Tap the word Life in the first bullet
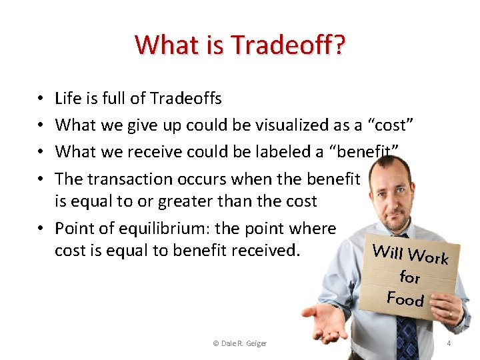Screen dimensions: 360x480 tap(67, 99)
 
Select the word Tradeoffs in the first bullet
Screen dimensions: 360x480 tap(185, 99)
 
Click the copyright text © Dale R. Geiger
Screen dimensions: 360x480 tap(239, 343)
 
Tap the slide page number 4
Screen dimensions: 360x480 tap(449, 343)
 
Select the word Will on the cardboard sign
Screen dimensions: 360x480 tap(387, 251)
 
